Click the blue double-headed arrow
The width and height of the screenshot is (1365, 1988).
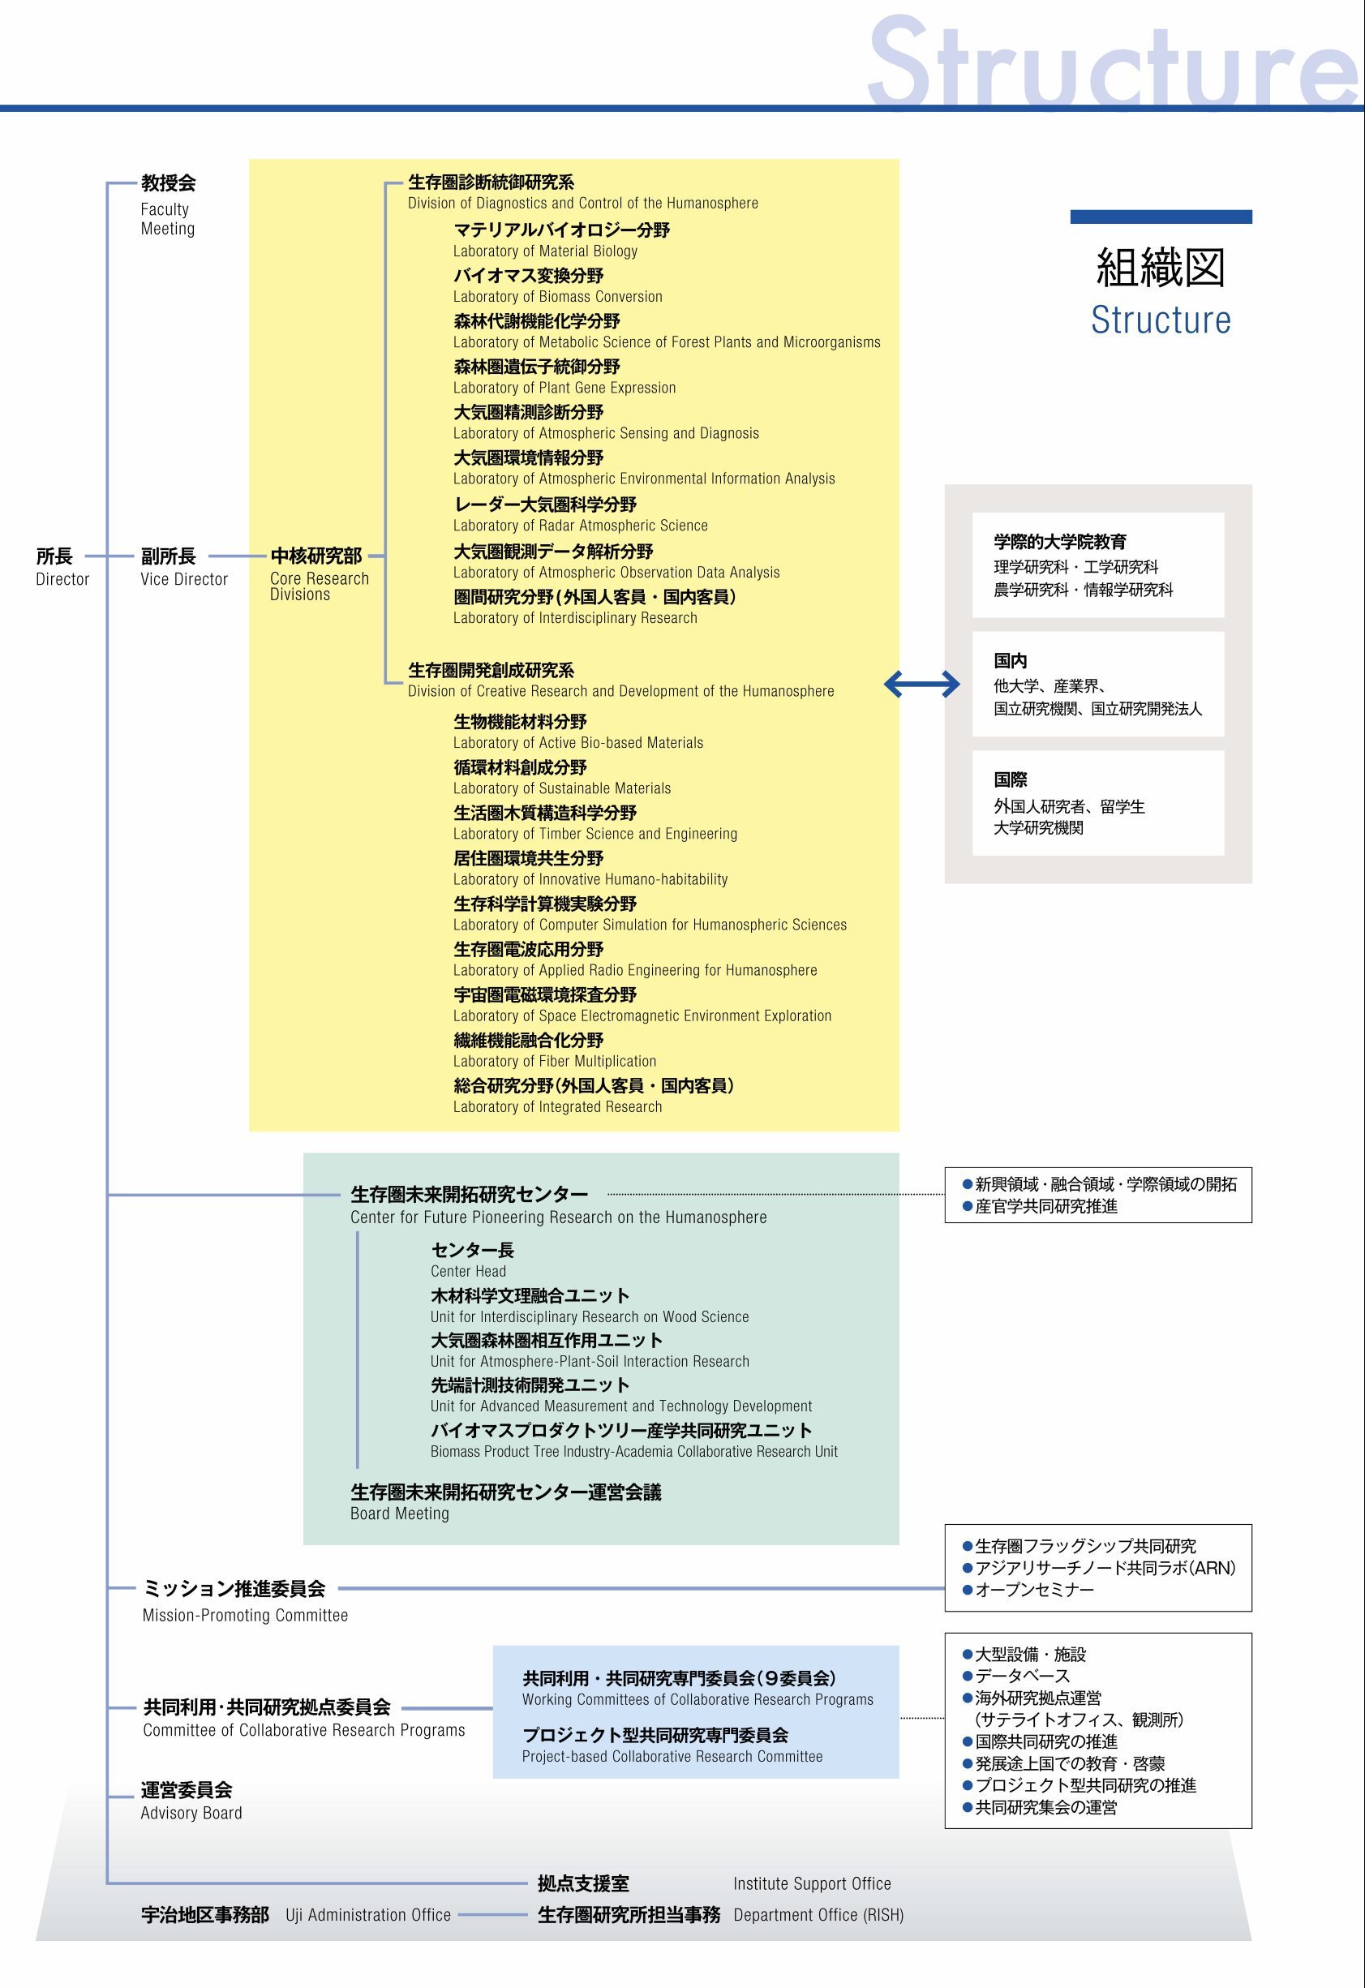tap(921, 684)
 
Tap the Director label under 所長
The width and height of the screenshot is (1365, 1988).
tap(62, 579)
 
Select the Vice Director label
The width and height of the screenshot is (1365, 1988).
tap(184, 579)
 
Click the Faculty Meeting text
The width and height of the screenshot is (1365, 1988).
tap(168, 219)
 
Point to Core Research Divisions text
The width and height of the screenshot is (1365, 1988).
tap(319, 586)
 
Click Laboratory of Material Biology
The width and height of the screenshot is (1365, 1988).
tap(545, 251)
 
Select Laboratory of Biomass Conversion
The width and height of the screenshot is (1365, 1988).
tap(558, 297)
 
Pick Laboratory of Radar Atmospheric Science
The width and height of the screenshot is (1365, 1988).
tap(580, 526)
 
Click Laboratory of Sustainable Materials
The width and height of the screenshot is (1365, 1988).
tap(562, 788)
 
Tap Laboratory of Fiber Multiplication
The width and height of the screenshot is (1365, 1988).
tap(554, 1062)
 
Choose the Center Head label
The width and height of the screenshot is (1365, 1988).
tap(468, 1271)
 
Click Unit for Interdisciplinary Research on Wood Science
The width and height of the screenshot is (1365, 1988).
tap(590, 1316)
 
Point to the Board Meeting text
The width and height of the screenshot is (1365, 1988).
tap(399, 1514)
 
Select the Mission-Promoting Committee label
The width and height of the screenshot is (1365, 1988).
tap(246, 1615)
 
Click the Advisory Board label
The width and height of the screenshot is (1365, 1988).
tap(191, 1813)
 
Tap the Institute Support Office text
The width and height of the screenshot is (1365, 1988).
tap(812, 1883)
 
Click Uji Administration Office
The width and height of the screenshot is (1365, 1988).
tap(367, 1915)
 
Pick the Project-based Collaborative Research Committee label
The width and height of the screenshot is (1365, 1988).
tap(672, 1756)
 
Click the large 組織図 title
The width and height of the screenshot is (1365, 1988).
tap(1161, 268)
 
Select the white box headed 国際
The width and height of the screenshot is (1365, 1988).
tap(1097, 803)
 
